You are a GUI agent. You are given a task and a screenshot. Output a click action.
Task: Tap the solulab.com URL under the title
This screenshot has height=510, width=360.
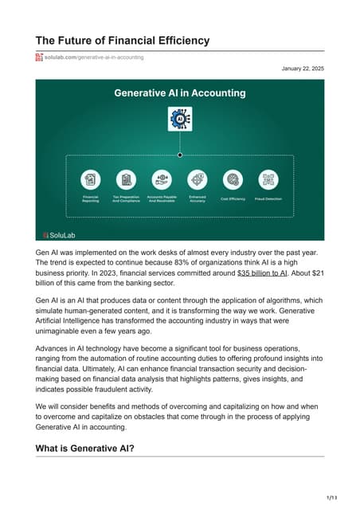(94, 57)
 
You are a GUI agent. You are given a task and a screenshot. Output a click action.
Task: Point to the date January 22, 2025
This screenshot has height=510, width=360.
(303, 69)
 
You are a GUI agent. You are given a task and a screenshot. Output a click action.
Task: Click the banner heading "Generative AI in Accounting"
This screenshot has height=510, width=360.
(180, 92)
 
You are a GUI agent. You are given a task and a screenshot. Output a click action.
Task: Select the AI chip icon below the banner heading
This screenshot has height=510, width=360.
(180, 119)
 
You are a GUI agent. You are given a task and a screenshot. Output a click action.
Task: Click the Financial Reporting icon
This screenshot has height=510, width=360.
(91, 179)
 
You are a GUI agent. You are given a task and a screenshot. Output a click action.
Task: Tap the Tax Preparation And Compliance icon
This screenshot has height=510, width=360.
(126, 179)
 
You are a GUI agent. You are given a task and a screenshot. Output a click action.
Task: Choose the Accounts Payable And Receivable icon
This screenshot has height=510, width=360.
(162, 179)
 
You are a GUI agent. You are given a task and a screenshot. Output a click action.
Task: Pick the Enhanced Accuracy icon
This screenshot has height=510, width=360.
(197, 179)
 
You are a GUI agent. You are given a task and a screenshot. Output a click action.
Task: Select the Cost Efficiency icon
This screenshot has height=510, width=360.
(233, 179)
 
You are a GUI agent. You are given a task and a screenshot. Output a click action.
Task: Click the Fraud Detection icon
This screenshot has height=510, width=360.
(268, 179)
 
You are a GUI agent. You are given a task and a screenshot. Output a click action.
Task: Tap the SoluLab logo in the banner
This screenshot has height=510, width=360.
(58, 234)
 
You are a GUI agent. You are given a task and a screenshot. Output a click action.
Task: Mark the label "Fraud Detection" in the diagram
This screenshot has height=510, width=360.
(268, 199)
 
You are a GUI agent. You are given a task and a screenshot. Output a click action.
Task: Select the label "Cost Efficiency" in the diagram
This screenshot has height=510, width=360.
(233, 199)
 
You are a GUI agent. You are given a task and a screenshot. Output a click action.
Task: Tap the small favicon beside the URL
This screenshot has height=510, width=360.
(38, 57)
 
